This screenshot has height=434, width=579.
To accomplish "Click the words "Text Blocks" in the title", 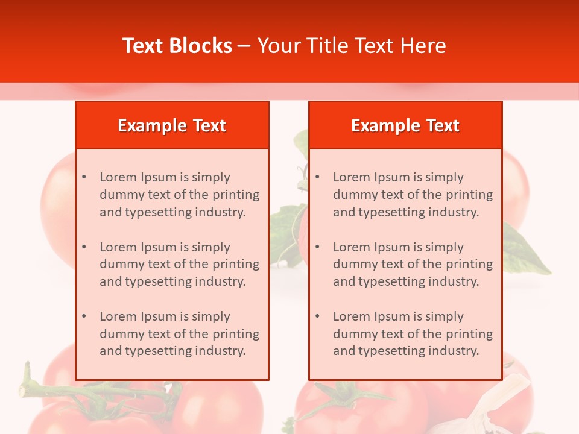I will tap(177, 46).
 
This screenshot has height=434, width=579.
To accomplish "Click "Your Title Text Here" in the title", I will tap(352, 46).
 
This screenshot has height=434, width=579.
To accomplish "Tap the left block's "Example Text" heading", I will tap(172, 125).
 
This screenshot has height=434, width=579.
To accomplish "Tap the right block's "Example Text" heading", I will tap(405, 125).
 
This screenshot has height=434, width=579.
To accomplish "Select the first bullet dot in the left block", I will tap(84, 177).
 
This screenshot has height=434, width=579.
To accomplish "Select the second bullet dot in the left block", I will tap(84, 247).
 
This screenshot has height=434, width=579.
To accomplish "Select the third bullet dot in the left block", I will tap(84, 316).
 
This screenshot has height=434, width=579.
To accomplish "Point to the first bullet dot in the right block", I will tap(318, 177).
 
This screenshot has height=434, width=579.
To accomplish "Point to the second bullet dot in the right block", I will tap(318, 247).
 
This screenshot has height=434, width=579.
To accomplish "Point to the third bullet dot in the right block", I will tap(318, 316).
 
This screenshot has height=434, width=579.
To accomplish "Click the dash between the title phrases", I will tap(244, 46).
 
